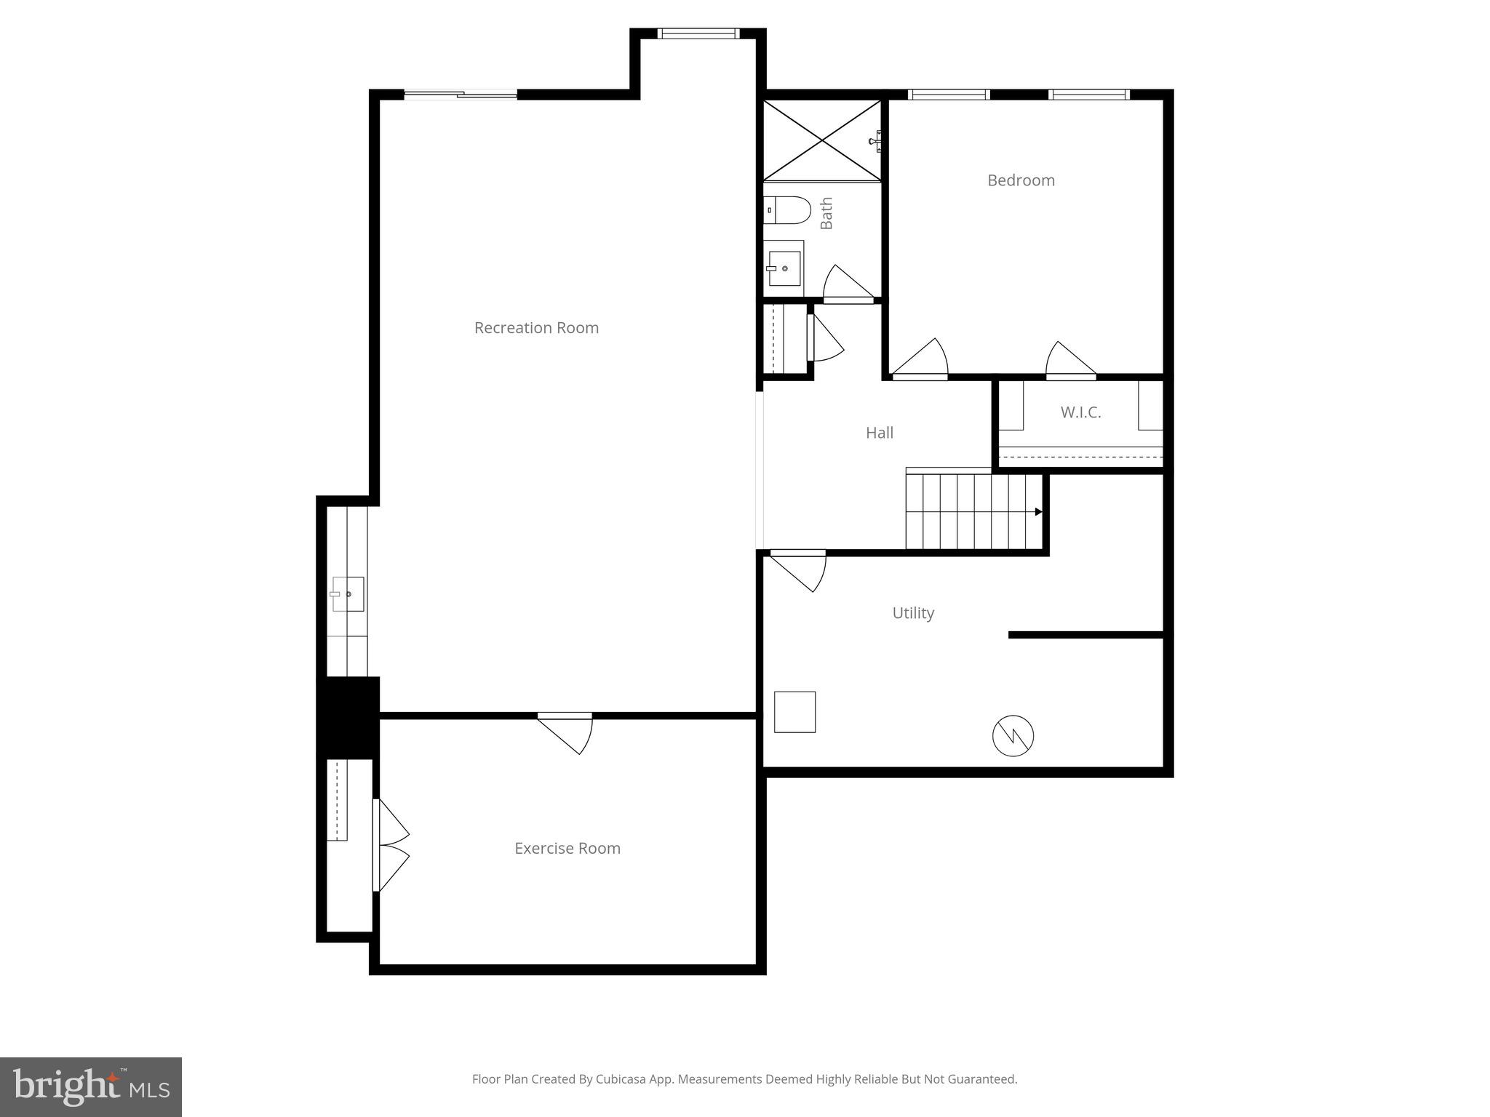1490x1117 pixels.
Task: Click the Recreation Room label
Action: point(536,328)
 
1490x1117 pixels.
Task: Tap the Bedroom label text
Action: point(1021,180)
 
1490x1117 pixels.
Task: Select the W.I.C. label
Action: point(1080,412)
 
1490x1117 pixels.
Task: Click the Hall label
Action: point(879,433)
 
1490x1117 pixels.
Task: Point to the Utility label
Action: point(913,613)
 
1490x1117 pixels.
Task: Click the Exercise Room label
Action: point(567,848)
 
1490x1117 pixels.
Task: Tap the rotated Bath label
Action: point(826,213)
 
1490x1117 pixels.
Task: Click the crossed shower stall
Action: point(822,140)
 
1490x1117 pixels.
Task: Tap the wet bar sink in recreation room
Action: point(348,593)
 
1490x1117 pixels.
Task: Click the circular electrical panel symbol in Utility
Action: point(1013,736)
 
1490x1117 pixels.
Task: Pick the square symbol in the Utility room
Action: point(794,711)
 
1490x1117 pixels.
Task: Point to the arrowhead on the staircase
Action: point(1038,512)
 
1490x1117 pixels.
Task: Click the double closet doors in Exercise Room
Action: point(391,846)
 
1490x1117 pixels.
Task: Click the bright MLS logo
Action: point(91,1086)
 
